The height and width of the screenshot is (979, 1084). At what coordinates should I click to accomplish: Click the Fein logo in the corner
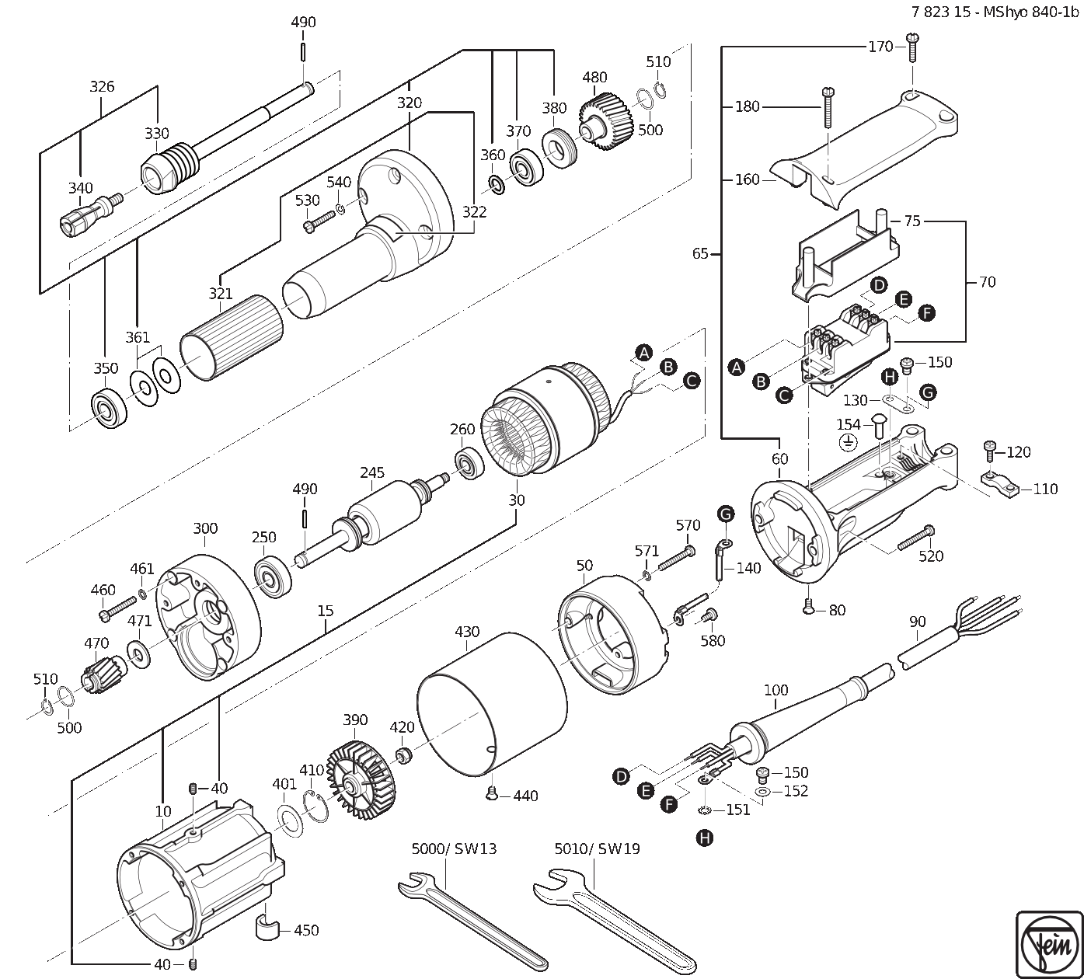click(x=1049, y=944)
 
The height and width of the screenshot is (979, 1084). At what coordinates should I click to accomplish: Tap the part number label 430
click(x=467, y=632)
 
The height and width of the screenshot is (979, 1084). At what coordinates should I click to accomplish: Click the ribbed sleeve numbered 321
click(x=232, y=338)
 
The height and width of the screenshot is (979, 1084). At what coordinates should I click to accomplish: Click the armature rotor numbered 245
click(x=373, y=521)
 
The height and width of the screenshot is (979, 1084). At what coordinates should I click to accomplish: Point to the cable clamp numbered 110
click(x=999, y=484)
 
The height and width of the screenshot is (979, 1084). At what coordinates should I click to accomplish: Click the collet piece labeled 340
click(x=90, y=214)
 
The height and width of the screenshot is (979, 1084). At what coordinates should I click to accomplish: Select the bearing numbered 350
click(x=109, y=408)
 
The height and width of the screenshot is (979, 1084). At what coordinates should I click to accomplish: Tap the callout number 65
click(x=700, y=253)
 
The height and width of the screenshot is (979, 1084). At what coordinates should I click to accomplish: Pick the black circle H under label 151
click(x=705, y=838)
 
